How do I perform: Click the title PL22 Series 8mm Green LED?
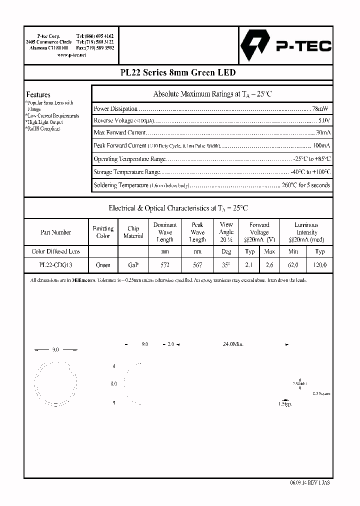[x=178, y=72]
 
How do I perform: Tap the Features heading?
[x=38, y=94]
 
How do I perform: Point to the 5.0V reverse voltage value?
[x=323, y=120]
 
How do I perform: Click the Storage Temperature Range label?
[x=127, y=172]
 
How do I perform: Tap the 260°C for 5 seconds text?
[x=305, y=185]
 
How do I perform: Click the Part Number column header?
[x=55, y=232]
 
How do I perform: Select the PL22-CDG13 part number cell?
[x=55, y=265]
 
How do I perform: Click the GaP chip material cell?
[x=133, y=265]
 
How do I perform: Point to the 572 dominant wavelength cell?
[x=164, y=265]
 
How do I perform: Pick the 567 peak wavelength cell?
[x=197, y=265]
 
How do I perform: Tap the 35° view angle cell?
[x=226, y=265]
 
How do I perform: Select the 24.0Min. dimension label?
[x=233, y=344]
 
